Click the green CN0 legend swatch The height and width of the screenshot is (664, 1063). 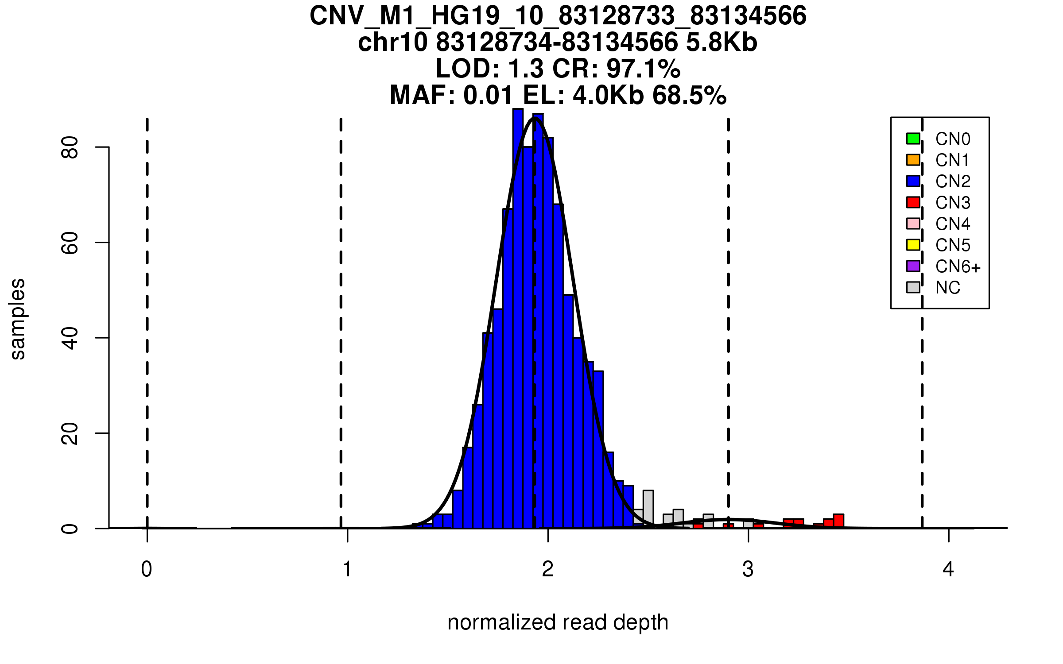[913, 139]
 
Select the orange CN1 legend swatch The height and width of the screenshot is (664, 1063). [913, 160]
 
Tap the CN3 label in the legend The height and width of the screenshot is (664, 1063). [953, 203]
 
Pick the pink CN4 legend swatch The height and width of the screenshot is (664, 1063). [913, 224]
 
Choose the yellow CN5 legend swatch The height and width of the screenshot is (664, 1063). [913, 245]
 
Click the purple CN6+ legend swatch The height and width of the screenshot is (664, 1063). [913, 266]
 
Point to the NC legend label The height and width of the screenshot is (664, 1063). [948, 288]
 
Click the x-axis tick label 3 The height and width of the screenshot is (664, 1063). [748, 569]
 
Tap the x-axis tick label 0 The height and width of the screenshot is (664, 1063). [147, 569]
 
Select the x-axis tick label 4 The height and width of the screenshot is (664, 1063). [948, 569]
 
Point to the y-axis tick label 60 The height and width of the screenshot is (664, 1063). [70, 243]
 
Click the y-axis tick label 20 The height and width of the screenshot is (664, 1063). [70, 433]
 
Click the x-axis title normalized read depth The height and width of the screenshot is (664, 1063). [558, 622]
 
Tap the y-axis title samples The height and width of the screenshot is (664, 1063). [18, 319]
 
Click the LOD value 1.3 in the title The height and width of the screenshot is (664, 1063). [527, 69]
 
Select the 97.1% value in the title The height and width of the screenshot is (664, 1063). [643, 69]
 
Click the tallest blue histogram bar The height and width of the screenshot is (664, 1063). [518, 319]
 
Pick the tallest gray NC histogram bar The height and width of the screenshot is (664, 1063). [648, 509]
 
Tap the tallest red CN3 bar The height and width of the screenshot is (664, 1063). [838, 521]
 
